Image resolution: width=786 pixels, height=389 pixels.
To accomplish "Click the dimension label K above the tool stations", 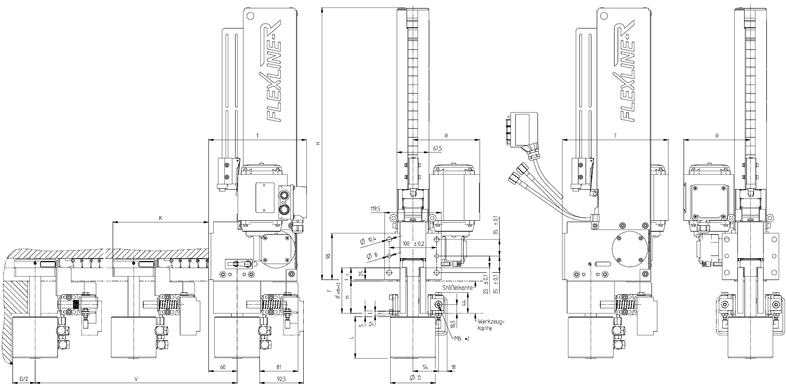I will pos(160,218).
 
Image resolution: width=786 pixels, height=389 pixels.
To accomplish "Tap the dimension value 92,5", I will pos(281,379).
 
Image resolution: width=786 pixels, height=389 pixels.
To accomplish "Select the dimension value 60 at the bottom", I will pos(223,367).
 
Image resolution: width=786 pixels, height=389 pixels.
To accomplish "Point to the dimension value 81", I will pos(279,367).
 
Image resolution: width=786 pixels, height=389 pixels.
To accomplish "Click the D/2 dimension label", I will pos(24,379).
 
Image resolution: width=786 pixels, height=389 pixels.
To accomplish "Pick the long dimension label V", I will pos(136,379).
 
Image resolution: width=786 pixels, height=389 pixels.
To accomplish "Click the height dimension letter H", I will pos(318,144).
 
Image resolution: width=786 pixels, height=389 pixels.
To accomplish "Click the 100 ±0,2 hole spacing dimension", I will pos(412,244).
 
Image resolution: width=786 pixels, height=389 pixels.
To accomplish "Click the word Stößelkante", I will pos(458,288).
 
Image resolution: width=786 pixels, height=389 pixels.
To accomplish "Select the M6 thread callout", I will pos(461,339).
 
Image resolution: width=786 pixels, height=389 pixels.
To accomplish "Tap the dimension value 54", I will pos(425,367).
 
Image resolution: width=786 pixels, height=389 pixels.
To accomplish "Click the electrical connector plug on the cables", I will pos(522,130).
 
